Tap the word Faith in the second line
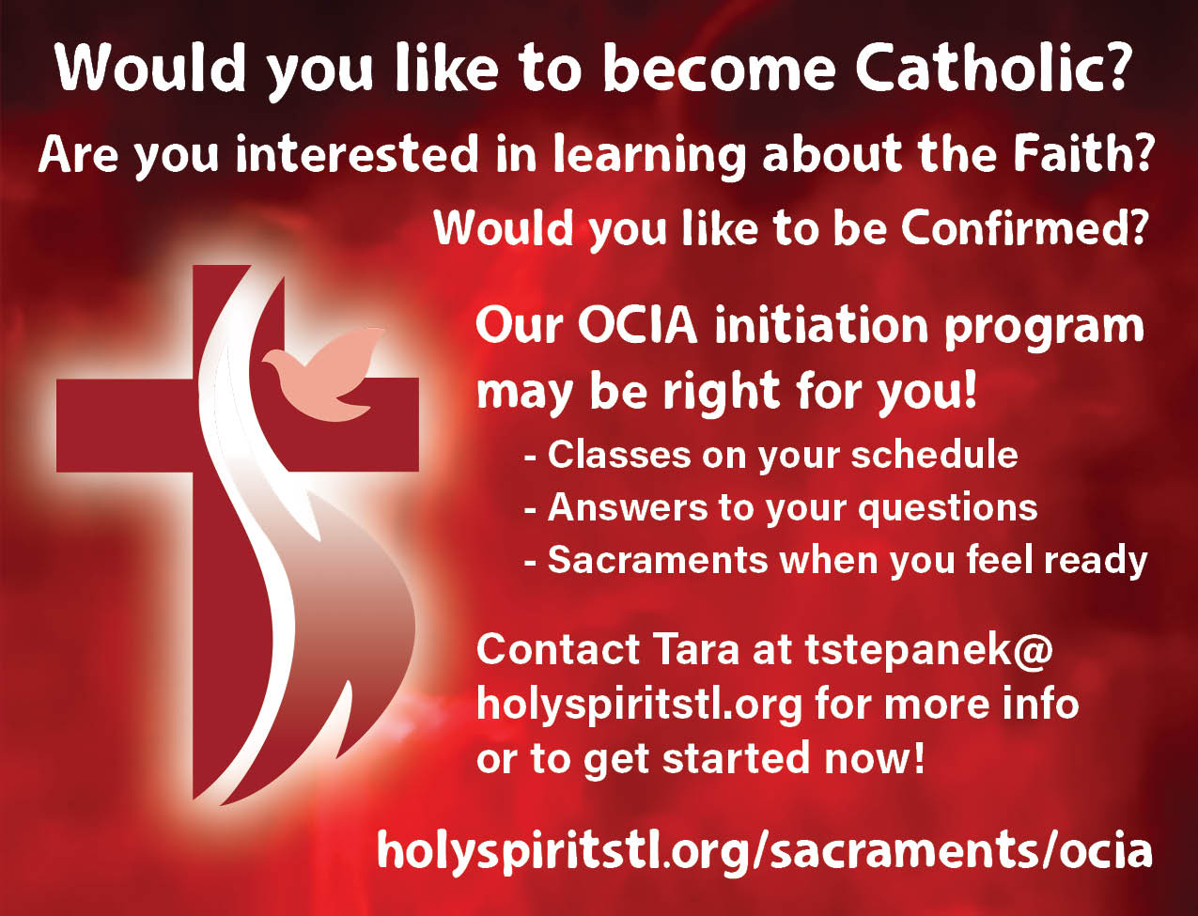[x=1073, y=155]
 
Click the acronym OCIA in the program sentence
[x=637, y=326]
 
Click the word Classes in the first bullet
[x=619, y=455]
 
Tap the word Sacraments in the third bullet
[x=658, y=560]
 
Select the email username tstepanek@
[x=928, y=650]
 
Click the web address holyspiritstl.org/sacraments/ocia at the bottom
[x=765, y=850]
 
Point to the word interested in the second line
[x=356, y=155]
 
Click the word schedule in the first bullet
[x=934, y=455]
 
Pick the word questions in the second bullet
[x=948, y=509]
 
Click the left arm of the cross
[x=125, y=425]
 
